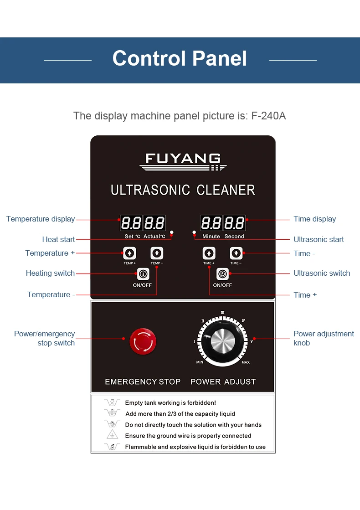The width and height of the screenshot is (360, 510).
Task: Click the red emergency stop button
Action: click(x=143, y=341)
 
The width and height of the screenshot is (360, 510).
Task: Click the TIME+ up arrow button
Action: click(x=209, y=253)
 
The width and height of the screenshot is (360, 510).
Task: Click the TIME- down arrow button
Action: click(x=236, y=253)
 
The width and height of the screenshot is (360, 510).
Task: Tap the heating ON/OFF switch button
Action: click(x=143, y=274)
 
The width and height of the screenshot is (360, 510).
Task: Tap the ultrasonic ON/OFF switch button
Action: click(x=222, y=274)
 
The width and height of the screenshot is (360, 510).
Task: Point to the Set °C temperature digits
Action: click(x=131, y=223)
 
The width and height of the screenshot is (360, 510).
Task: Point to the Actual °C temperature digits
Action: click(x=154, y=223)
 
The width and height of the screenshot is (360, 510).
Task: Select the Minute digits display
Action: click(x=211, y=223)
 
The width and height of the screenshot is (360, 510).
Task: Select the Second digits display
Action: click(x=234, y=223)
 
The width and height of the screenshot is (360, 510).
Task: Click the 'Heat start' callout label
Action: click(x=58, y=239)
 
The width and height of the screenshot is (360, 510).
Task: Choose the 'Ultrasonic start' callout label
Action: click(x=319, y=239)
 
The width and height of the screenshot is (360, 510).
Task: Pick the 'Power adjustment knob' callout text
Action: click(x=324, y=338)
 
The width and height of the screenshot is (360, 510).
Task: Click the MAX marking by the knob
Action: click(x=246, y=362)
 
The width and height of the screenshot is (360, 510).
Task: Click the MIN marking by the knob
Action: click(x=200, y=362)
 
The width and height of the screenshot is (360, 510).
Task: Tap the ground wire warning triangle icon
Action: click(x=112, y=435)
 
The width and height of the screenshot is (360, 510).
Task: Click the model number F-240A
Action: click(x=268, y=116)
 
